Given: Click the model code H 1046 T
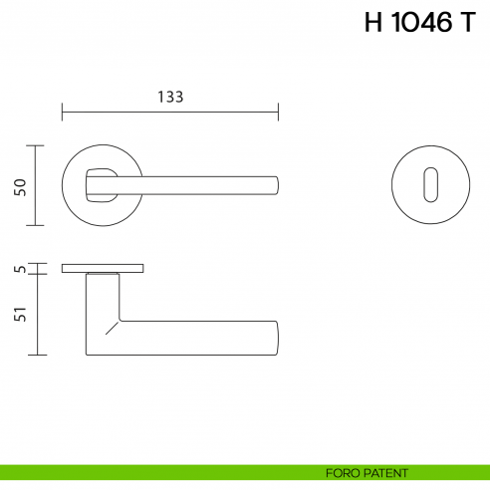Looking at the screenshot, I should [419, 25].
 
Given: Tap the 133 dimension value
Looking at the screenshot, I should [170, 97].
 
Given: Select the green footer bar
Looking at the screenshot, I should [149, 471].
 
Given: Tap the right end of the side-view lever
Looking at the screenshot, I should [275, 338].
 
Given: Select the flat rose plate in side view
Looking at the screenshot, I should [103, 268].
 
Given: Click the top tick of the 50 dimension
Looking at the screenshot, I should [37, 145].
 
